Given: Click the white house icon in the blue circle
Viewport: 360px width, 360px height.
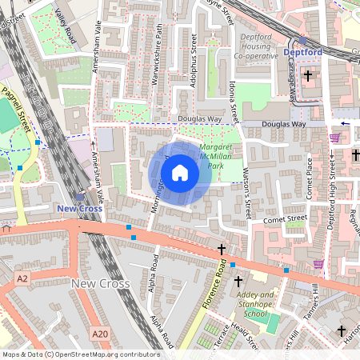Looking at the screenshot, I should click(x=180, y=172).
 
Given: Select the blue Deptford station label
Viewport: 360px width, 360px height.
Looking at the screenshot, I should click(x=302, y=54).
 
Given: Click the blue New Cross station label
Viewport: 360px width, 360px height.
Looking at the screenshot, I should click(x=79, y=208).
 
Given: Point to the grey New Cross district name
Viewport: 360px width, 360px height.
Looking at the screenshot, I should click(x=100, y=283).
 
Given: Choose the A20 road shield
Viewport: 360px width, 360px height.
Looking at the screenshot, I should click(x=99, y=334).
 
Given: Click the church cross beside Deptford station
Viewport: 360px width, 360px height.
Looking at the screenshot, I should click(x=307, y=76).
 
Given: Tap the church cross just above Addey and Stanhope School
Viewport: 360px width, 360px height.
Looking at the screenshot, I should click(x=238, y=281).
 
